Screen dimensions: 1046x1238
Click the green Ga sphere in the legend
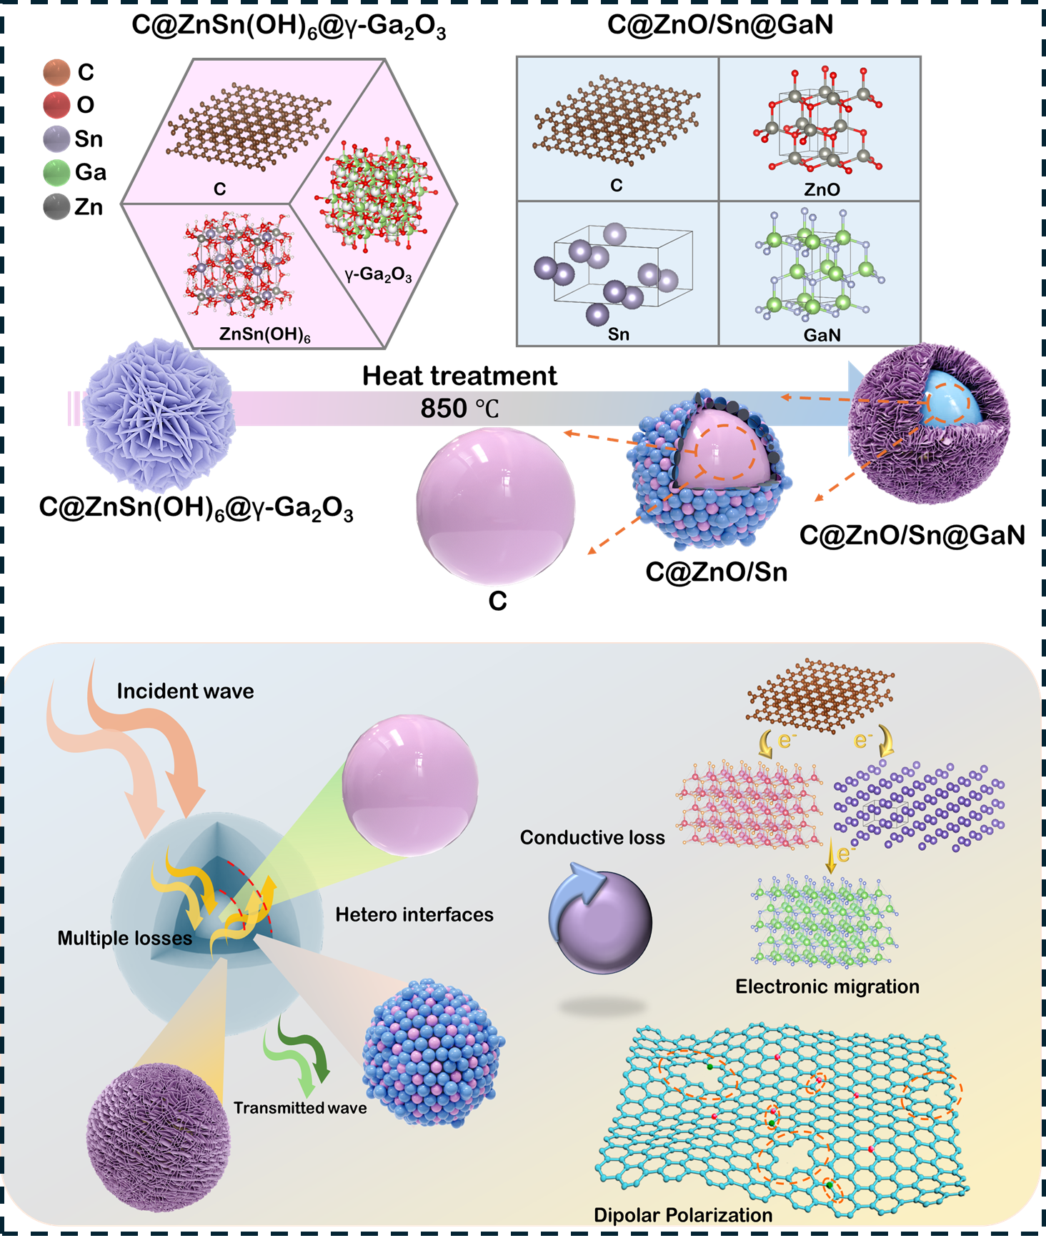pyautogui.click(x=56, y=173)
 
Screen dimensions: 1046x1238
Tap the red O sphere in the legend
pyautogui.click(x=56, y=105)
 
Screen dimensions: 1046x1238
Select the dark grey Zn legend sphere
pyautogui.click(x=56, y=207)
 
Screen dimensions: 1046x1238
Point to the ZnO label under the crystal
pyautogui.click(x=822, y=189)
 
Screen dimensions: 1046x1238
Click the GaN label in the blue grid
pyautogui.click(x=822, y=334)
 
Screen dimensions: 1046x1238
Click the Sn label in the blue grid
pyautogui.click(x=619, y=334)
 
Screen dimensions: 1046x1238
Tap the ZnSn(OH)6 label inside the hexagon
pyautogui.click(x=264, y=334)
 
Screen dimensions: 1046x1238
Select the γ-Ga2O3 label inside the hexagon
pyautogui.click(x=378, y=274)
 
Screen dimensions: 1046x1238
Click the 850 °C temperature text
pyautogui.click(x=459, y=409)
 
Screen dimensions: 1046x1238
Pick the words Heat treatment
pyautogui.click(x=459, y=376)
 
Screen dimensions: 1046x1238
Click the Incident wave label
pyautogui.click(x=185, y=691)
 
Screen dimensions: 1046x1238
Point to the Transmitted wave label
pyautogui.click(x=300, y=1108)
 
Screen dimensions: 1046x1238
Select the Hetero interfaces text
pyautogui.click(x=414, y=914)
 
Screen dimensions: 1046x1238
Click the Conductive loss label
pyautogui.click(x=592, y=837)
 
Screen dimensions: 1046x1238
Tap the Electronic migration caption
pyautogui.click(x=827, y=987)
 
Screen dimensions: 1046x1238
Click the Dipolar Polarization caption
pyautogui.click(x=683, y=1215)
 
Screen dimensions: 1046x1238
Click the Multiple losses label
pyautogui.click(x=125, y=938)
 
